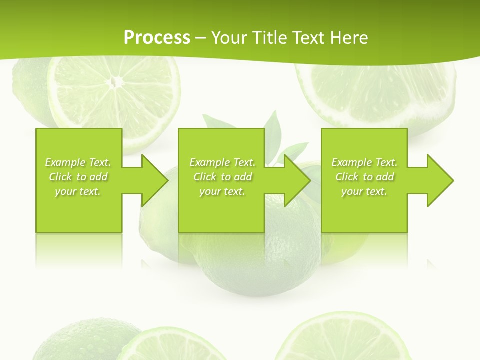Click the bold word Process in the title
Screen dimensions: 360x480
pos(157,38)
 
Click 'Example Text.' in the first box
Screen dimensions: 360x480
pos(78,162)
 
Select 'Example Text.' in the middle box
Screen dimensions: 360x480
pos(222,162)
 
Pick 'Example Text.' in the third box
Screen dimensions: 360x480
pos(364,162)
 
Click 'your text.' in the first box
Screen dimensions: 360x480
pos(78,191)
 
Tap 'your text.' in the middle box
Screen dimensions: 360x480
pos(222,191)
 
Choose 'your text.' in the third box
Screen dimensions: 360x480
pos(364,191)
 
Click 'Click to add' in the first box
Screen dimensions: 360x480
pos(78,177)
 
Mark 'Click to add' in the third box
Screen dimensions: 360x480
pos(364,177)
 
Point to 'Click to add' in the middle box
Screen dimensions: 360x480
pos(222,177)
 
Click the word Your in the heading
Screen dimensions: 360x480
pos(230,38)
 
